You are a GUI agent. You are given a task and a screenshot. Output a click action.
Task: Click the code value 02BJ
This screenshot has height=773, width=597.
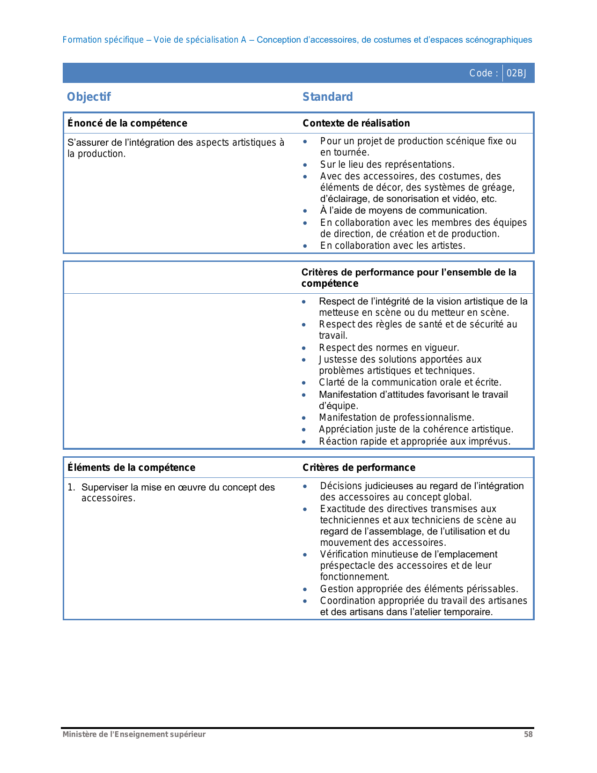[x=516, y=73]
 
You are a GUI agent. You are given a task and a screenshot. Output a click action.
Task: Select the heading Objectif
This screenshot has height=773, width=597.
[x=89, y=97]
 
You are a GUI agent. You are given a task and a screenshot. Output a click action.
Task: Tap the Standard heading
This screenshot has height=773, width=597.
[x=327, y=97]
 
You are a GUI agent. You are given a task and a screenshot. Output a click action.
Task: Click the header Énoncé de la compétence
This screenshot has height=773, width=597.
[x=127, y=123]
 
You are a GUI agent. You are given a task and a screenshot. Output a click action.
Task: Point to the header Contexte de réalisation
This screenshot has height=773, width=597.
[x=356, y=123]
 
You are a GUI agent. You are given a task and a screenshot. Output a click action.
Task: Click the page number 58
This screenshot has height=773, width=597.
[x=528, y=734]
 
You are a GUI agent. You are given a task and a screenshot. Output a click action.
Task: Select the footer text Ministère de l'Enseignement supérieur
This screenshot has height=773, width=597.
[x=134, y=734]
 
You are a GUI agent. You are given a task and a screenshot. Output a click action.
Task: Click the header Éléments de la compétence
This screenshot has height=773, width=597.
[x=132, y=468]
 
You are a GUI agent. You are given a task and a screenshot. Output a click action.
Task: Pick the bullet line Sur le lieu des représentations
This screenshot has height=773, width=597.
[x=387, y=164]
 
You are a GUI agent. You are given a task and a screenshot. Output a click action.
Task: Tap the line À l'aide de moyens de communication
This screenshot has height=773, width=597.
[x=403, y=210]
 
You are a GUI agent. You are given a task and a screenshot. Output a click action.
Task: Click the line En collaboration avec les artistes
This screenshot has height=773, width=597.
[x=392, y=245]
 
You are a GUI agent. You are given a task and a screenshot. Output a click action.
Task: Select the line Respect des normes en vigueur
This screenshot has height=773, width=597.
[x=389, y=348]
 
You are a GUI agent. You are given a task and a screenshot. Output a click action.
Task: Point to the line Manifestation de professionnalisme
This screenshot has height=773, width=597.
[x=397, y=417]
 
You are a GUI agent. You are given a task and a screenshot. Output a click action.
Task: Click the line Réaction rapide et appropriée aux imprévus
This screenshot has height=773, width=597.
[x=414, y=441]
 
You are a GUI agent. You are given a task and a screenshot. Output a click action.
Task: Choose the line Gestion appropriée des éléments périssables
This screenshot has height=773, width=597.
[x=419, y=589]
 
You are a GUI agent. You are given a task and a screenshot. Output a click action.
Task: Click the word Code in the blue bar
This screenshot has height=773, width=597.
[x=481, y=73]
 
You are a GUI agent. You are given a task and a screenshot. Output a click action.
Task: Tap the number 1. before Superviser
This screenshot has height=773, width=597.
[x=71, y=487]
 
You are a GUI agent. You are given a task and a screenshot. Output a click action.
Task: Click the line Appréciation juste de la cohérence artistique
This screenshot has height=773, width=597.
[x=416, y=429]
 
